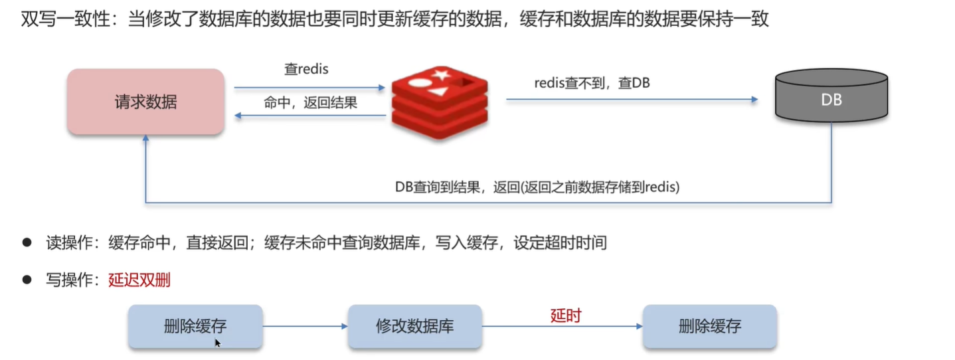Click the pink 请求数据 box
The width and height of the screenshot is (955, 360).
pyautogui.click(x=145, y=102)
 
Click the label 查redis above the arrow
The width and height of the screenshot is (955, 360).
pyautogui.click(x=305, y=69)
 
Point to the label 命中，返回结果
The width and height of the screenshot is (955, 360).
pyautogui.click(x=310, y=103)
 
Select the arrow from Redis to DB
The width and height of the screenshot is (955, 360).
pyautogui.click(x=631, y=100)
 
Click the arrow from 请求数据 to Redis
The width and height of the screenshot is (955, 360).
pyautogui.click(x=309, y=87)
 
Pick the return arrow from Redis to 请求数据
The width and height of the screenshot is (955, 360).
pyautogui.click(x=309, y=116)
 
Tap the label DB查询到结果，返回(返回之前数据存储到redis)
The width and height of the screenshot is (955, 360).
pyautogui.click(x=537, y=187)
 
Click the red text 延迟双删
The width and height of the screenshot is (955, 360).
pyautogui.click(x=139, y=280)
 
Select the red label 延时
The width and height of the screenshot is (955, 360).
pyautogui.click(x=565, y=315)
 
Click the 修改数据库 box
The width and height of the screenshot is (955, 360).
pyautogui.click(x=415, y=326)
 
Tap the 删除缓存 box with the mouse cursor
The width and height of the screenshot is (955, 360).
pyautogui.click(x=195, y=326)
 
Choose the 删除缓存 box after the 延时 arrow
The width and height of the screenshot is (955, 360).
pyautogui.click(x=709, y=326)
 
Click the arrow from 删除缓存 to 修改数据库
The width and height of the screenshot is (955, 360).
pyautogui.click(x=305, y=326)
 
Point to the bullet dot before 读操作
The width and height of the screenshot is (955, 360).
pyautogui.click(x=27, y=242)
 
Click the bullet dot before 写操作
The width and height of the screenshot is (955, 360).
pyautogui.click(x=27, y=280)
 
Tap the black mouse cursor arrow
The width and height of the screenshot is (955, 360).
pyautogui.click(x=217, y=343)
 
